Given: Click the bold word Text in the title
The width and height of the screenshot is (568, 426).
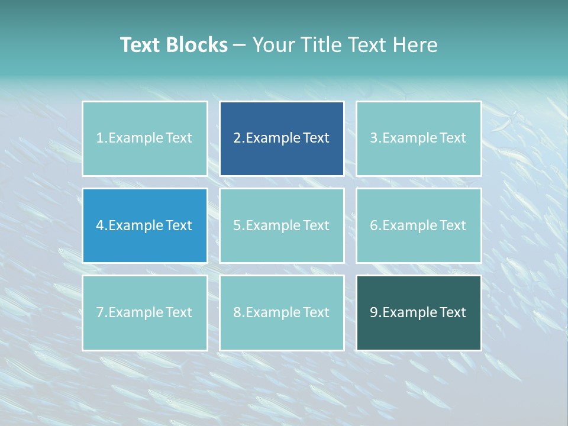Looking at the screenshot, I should coord(140,45).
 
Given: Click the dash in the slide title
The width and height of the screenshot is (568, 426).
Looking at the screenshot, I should coord(240,45).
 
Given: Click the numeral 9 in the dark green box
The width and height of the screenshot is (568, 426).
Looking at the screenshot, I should coord(374,312).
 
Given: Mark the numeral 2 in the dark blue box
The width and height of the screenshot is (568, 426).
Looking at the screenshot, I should coord(237,138).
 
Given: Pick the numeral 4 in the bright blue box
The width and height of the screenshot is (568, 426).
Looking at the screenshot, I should coord(100,225).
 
